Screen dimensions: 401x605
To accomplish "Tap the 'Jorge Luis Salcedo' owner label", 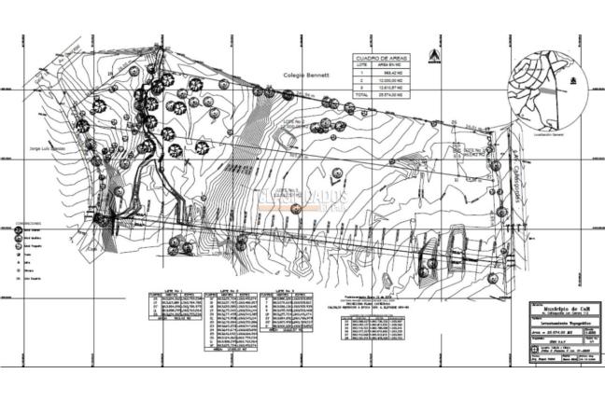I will (48, 147).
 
